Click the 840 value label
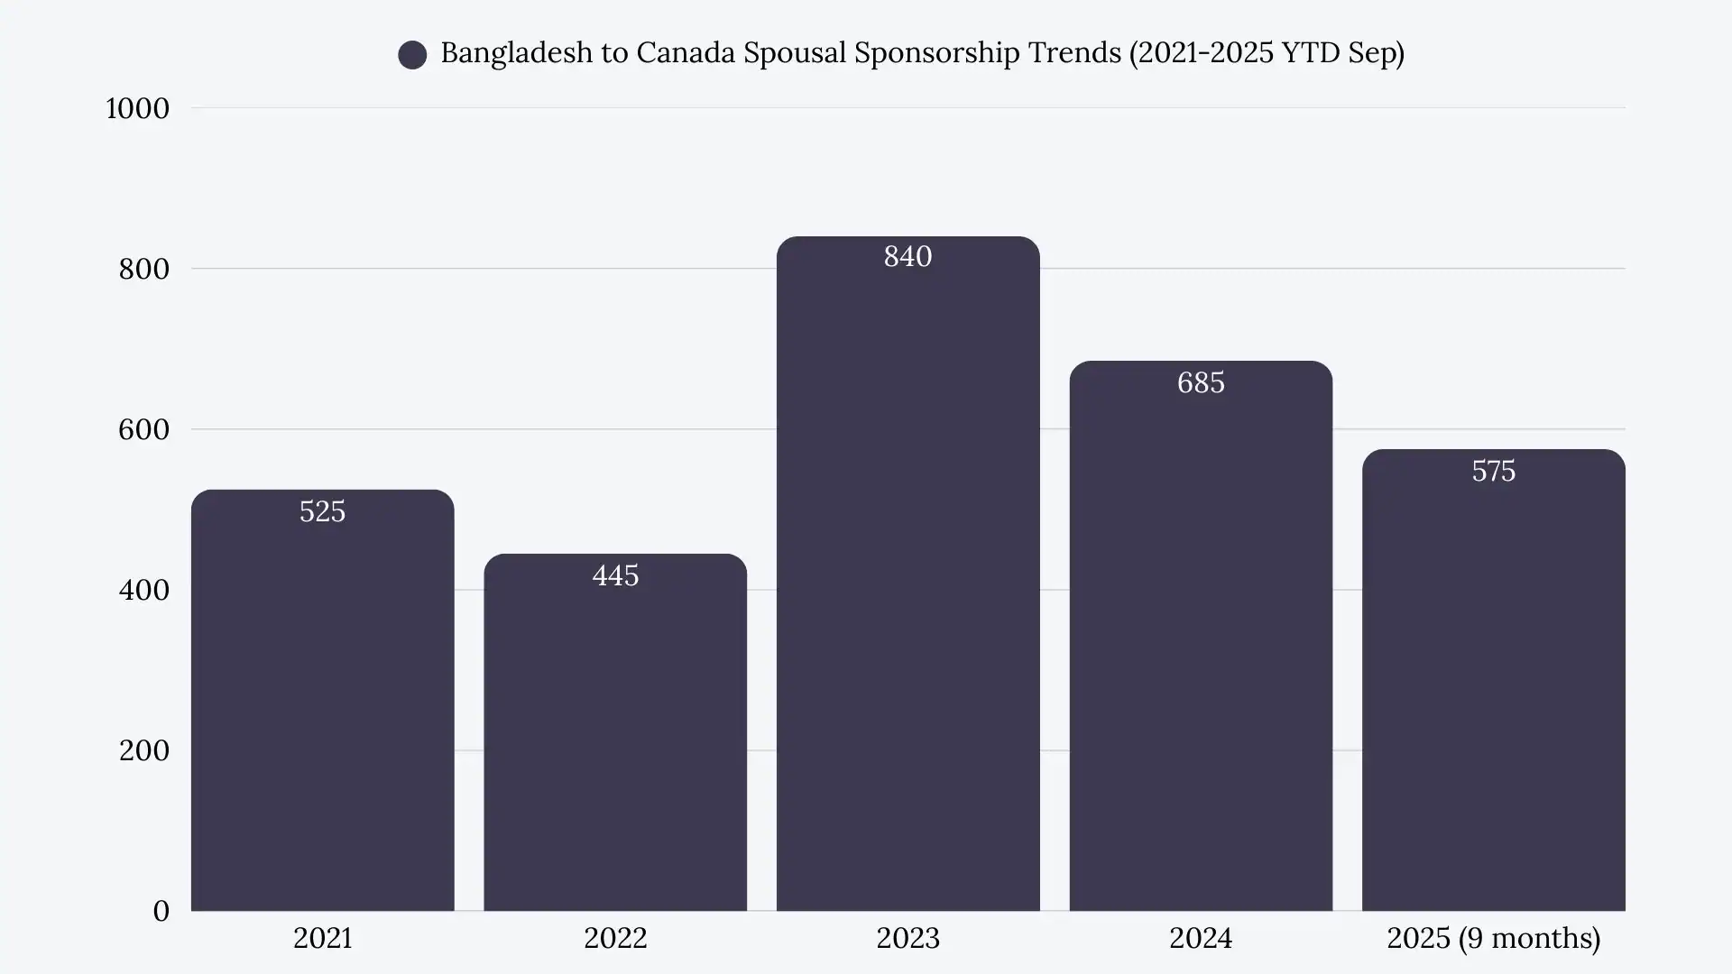tap(907, 257)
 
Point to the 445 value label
tap(615, 575)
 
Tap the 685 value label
tap(1201, 382)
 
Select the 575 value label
tap(1493, 471)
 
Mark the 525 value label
tap(322, 511)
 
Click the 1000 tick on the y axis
tap(137, 108)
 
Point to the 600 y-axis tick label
tap(143, 429)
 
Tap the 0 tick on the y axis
tap(161, 911)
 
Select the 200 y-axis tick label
tap(143, 750)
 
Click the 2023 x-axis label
tap(907, 938)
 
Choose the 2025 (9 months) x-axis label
tap(1493, 938)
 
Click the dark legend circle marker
tap(412, 55)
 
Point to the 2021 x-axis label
tap(322, 938)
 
